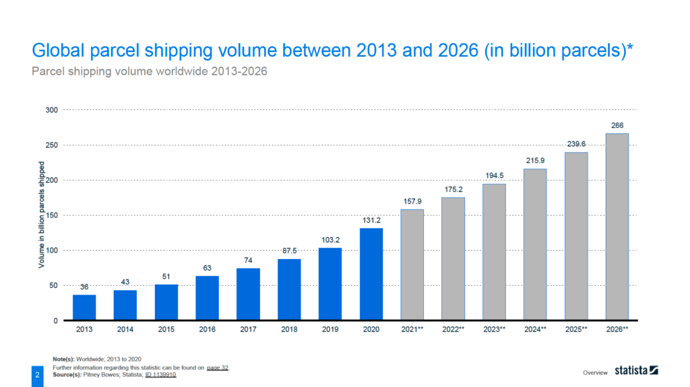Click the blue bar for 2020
click(x=371, y=274)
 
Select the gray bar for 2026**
click(x=617, y=227)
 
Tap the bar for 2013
click(x=84, y=307)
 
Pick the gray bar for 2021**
click(x=412, y=265)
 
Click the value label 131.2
click(x=371, y=219)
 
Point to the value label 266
click(x=617, y=125)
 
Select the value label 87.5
click(x=289, y=250)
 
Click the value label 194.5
click(x=494, y=175)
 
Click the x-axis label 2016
click(x=208, y=330)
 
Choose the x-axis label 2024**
click(x=535, y=330)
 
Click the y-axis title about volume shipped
click(x=41, y=215)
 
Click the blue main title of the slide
click(x=334, y=51)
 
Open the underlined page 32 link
click(x=217, y=367)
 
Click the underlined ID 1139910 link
click(x=160, y=374)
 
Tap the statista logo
click(x=636, y=370)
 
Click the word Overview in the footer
click(x=595, y=371)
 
